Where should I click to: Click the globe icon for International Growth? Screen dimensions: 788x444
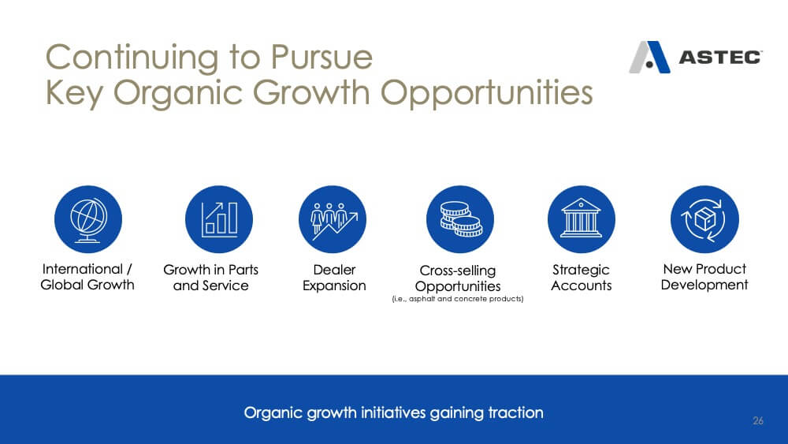pos(88,219)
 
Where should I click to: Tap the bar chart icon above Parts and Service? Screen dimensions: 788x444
pos(218,219)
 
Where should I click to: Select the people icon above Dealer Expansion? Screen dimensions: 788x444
pos(333,219)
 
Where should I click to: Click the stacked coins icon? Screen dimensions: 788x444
pos(460,219)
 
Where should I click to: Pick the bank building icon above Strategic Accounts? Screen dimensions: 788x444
pos(581,219)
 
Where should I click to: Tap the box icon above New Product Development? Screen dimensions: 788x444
pos(704,219)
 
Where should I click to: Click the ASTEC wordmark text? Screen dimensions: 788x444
pos(720,58)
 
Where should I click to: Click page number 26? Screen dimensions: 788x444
pos(758,420)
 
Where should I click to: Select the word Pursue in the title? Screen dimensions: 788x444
pos(322,57)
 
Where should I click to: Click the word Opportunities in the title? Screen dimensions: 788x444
pos(486,94)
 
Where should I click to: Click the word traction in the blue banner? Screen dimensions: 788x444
pos(515,412)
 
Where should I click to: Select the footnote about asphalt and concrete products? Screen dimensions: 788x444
pos(458,299)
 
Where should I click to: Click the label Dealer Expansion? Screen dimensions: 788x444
pos(334,278)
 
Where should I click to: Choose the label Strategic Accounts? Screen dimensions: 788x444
pos(581,278)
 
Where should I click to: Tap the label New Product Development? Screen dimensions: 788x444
pos(704,277)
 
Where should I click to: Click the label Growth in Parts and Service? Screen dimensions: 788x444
pos(210,278)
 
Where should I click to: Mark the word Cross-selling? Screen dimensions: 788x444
pos(458,271)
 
